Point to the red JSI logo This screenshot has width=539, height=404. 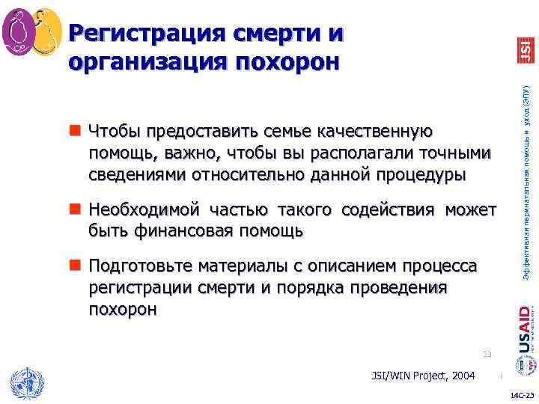(525, 50)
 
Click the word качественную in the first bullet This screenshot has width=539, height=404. (374, 132)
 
